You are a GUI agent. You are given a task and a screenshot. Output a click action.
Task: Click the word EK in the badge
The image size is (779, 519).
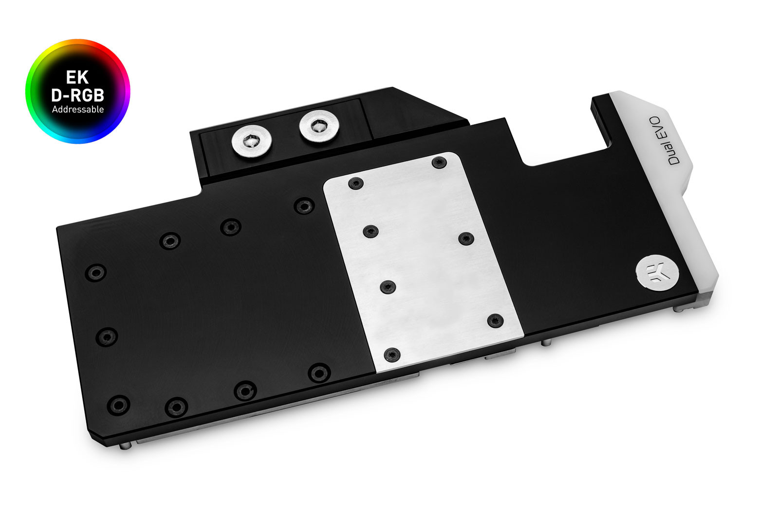tap(77, 77)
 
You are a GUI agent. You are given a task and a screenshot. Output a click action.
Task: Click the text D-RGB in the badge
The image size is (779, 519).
tap(77, 94)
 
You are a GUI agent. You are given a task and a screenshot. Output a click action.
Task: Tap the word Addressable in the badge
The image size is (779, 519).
tap(78, 109)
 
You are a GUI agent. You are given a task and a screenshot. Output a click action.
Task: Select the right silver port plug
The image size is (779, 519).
tap(318, 126)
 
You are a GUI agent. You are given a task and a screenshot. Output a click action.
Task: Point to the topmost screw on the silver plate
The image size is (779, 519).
tap(439, 162)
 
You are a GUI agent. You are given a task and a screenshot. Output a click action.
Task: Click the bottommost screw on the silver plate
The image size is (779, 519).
tap(392, 355)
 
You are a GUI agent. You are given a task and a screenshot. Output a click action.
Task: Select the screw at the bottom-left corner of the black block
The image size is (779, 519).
tap(118, 405)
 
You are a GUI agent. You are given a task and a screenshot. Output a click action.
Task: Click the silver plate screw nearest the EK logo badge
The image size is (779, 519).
tap(495, 320)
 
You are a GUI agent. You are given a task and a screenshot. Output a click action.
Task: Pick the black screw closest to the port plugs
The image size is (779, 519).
tap(304, 206)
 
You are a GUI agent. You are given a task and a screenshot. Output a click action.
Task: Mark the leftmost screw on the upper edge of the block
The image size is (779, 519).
tap(96, 272)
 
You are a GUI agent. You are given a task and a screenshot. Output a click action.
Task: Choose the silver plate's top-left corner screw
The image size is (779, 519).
tap(356, 183)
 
